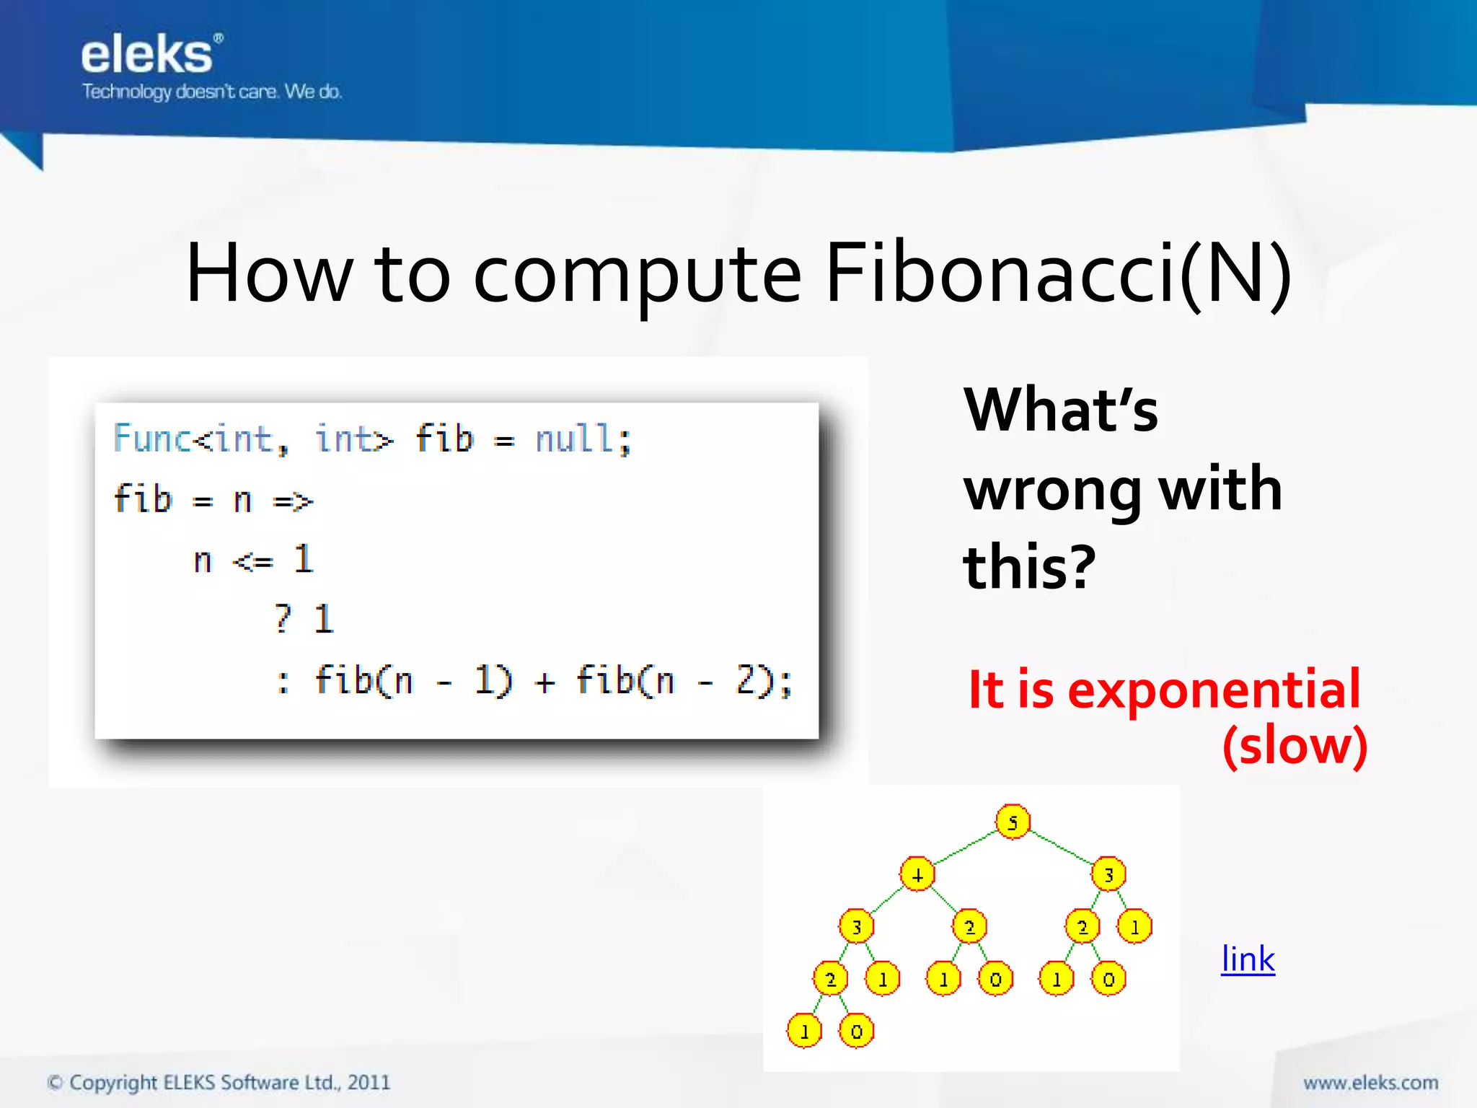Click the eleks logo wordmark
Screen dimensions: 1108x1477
(146, 56)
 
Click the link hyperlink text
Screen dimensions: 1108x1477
(1248, 959)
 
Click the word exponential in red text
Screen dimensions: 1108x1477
(1213, 690)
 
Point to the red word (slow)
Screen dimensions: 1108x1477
(1295, 746)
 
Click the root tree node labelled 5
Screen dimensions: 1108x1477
(1013, 822)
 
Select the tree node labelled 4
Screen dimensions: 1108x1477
(917, 875)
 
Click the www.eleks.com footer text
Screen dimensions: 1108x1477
(1370, 1083)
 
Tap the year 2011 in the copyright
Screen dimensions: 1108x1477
(369, 1083)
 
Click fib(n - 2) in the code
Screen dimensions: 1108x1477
(676, 680)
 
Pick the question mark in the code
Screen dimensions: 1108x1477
(283, 619)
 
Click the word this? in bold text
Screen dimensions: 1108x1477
(1030, 568)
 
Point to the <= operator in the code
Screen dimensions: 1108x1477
(253, 560)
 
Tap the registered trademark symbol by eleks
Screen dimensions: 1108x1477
(219, 38)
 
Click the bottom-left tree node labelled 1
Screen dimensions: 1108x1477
(804, 1031)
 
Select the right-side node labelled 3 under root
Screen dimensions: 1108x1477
(1108, 875)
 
